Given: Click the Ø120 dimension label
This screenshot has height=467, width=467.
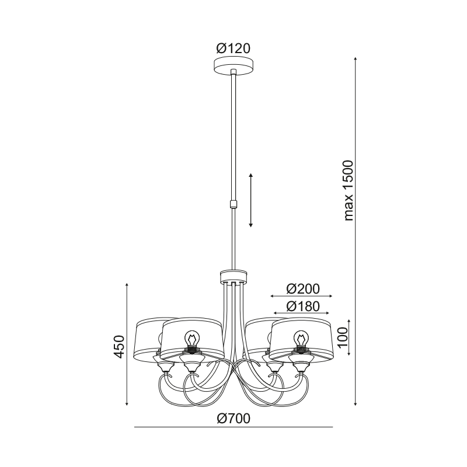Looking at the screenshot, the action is (233, 48).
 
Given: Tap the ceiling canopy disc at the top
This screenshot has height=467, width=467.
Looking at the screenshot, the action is (234, 66).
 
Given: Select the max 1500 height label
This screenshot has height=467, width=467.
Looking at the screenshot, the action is (348, 191).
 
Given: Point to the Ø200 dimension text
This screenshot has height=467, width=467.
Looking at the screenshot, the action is (303, 289).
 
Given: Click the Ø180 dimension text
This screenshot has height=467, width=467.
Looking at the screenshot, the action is (303, 306).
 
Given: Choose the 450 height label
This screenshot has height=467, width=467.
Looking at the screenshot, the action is (119, 347).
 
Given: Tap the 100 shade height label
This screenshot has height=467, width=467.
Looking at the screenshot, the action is (343, 337).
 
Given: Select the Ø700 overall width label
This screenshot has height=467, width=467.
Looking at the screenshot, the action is (233, 419).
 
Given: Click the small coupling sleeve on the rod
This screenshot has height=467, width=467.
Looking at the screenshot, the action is (234, 204).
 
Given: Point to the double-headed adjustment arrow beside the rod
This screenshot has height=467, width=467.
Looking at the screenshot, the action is (251, 200).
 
